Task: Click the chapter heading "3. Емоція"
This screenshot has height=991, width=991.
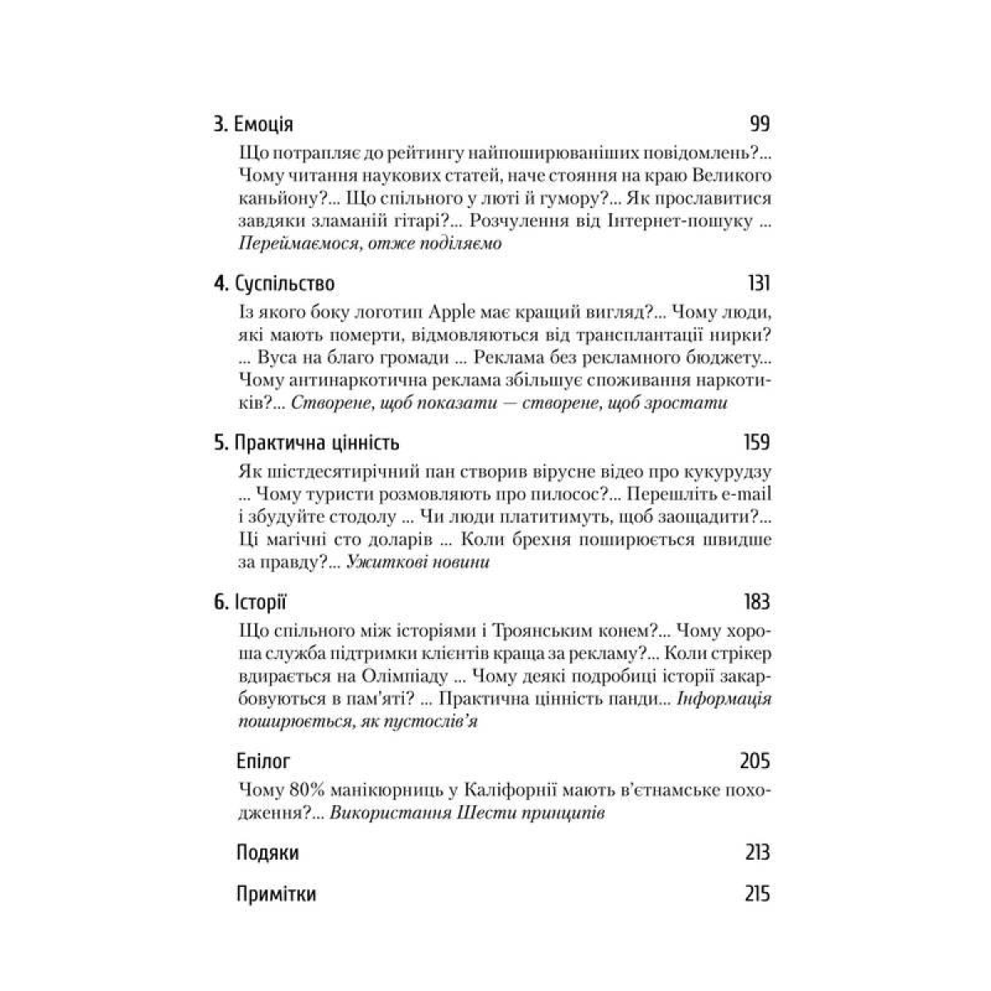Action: (254, 125)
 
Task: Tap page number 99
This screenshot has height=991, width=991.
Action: (759, 125)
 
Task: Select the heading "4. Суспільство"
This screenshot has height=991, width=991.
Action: (274, 284)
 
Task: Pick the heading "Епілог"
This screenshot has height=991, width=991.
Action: (263, 761)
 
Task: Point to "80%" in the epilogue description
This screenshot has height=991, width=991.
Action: (306, 790)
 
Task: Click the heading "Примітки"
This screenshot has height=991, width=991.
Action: (276, 894)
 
